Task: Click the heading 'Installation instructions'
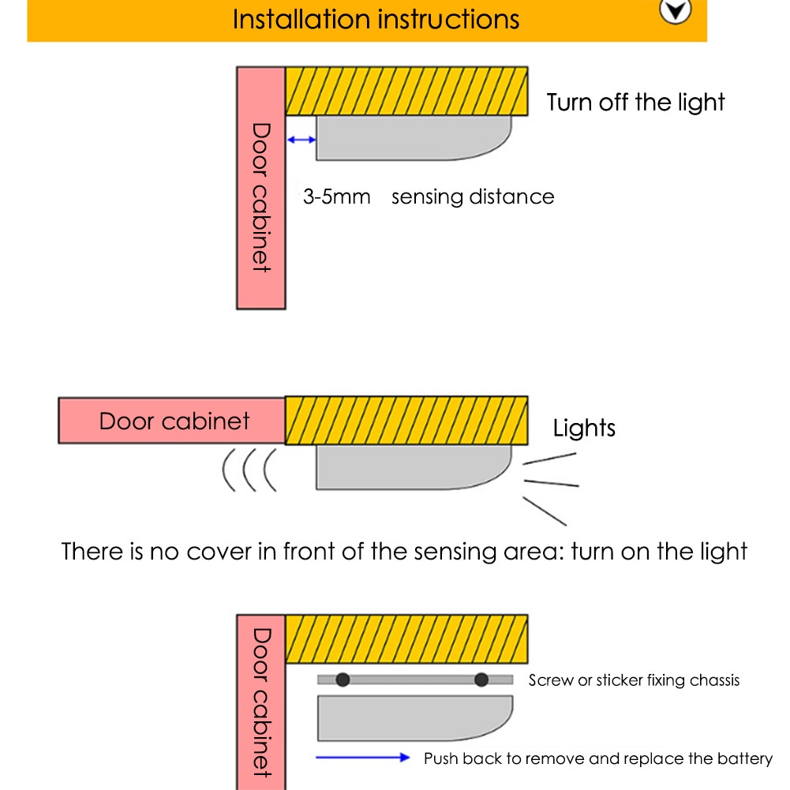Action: pos(376,19)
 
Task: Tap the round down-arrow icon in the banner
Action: pos(676,11)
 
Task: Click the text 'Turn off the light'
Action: pos(635,102)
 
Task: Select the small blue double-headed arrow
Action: pos(301,140)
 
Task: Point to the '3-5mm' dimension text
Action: pos(336,197)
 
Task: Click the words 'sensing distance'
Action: pos(473,197)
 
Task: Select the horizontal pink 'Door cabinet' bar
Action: pos(171,421)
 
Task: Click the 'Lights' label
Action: pos(584,429)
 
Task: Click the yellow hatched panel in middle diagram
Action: pos(406,421)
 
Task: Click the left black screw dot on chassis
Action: pos(343,680)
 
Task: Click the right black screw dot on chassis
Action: pos(481,680)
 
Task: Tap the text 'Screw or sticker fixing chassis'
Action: pos(634,680)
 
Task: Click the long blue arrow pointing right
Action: pos(363,758)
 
